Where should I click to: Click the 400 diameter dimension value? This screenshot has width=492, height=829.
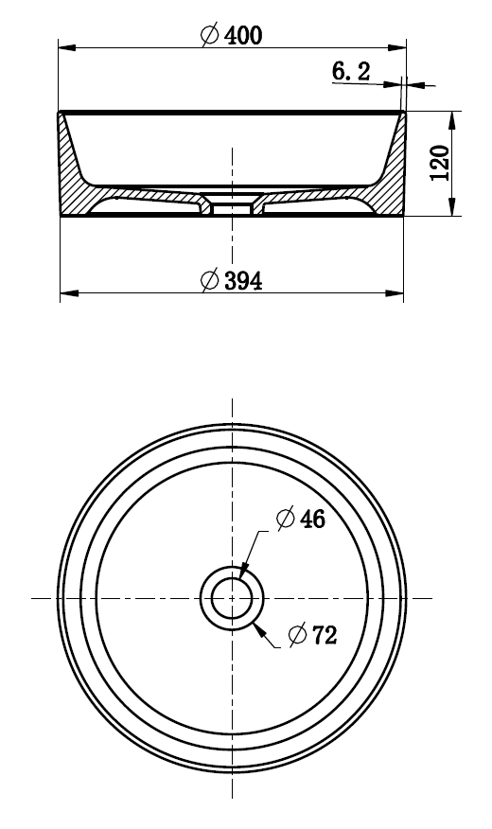point(243,35)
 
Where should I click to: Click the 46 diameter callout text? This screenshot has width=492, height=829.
point(313,519)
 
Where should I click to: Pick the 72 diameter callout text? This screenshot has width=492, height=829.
point(325,635)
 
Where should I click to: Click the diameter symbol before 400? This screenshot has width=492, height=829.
point(211,35)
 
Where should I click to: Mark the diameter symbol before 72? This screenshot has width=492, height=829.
point(298,635)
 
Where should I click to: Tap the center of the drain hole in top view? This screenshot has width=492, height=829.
point(232,598)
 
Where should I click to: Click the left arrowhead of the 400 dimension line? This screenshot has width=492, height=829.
point(64,46)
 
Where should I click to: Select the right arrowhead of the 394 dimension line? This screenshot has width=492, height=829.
point(397,292)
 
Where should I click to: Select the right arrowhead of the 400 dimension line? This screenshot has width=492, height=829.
point(399,46)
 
